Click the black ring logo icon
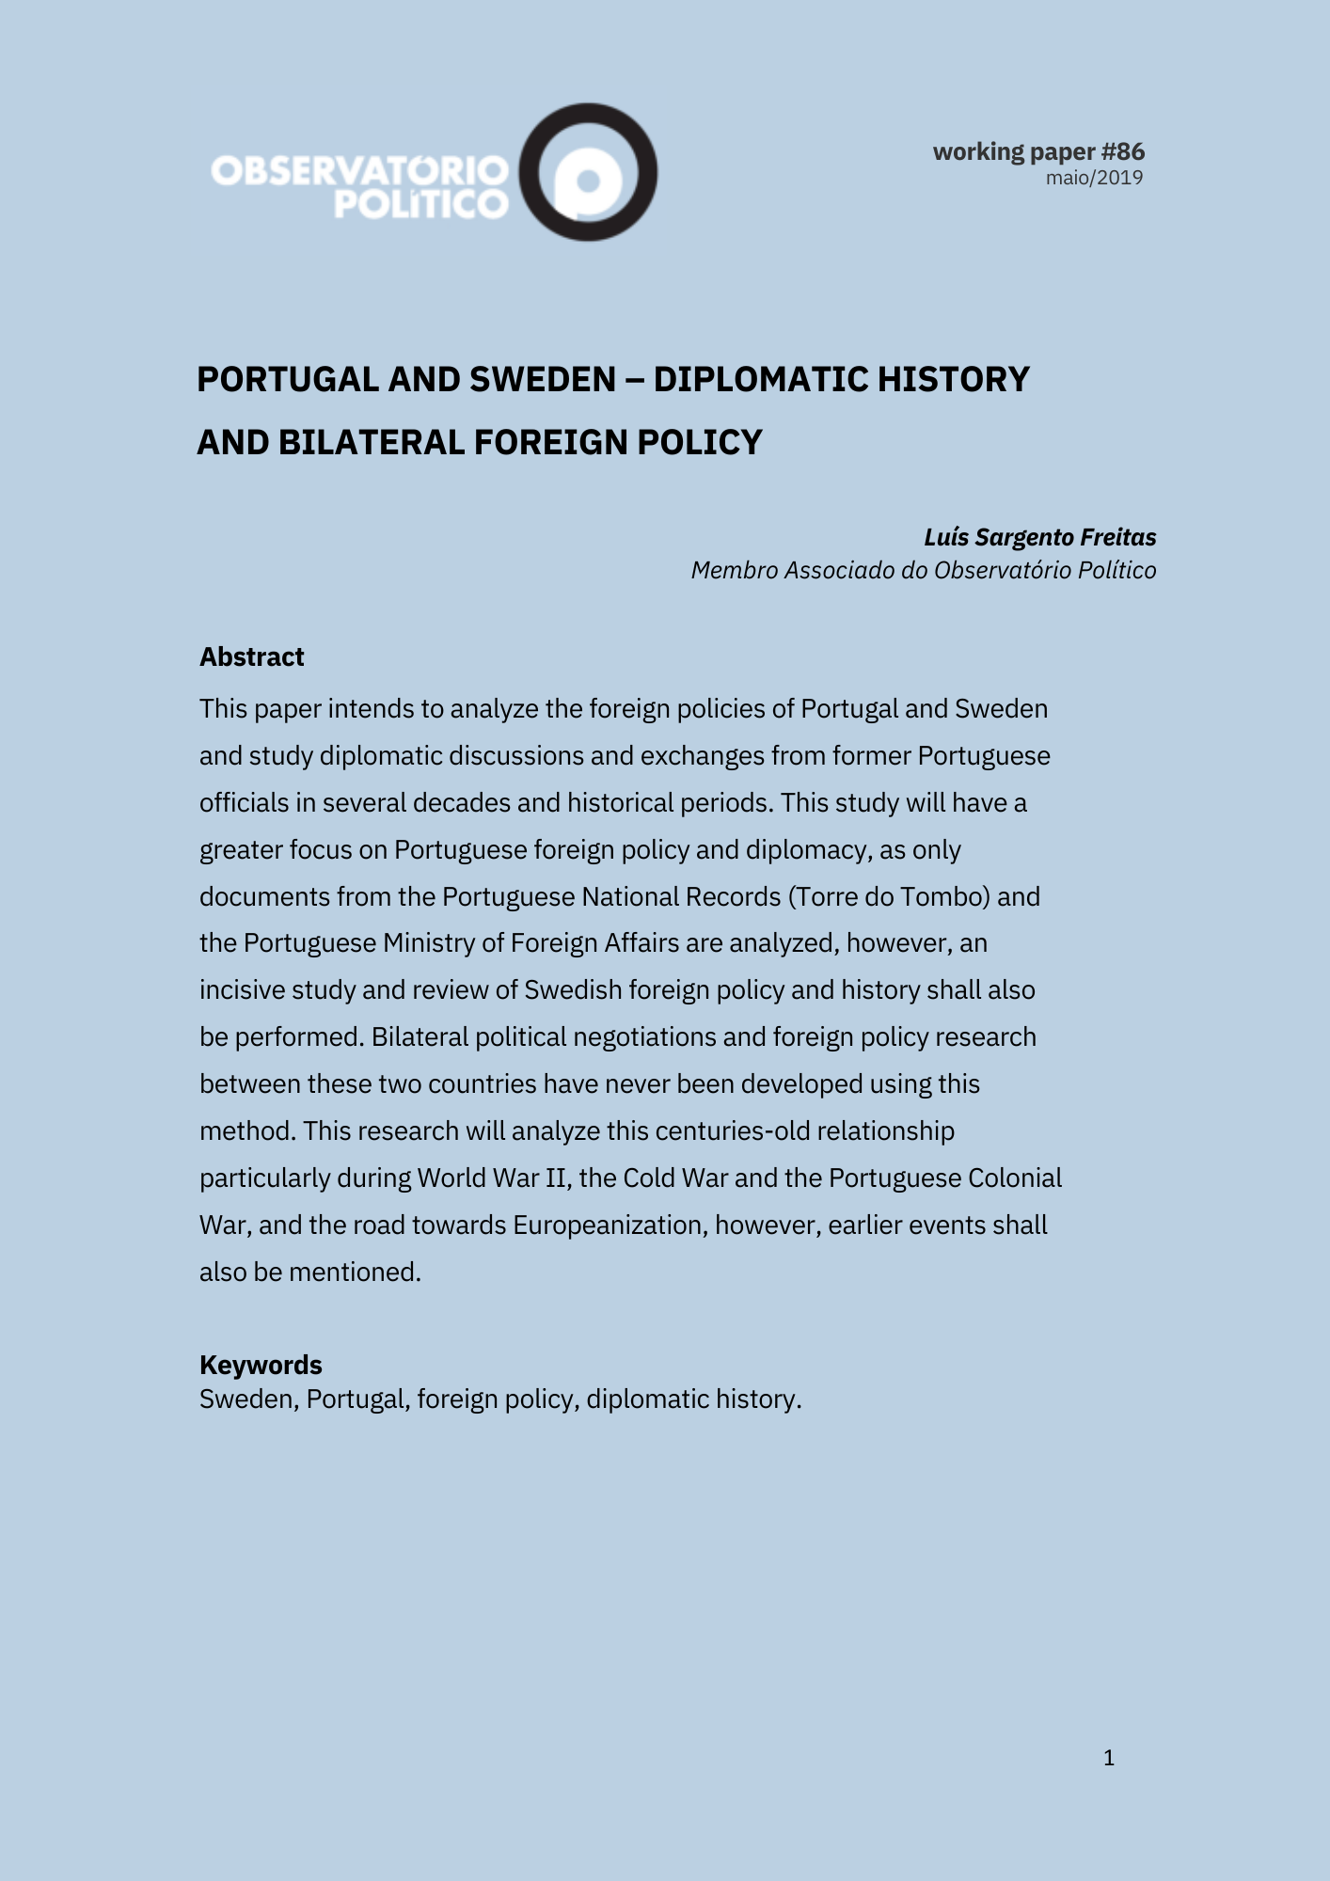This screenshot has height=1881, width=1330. point(589,172)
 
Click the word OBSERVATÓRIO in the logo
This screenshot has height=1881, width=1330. point(359,171)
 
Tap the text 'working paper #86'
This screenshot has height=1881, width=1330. point(1038,151)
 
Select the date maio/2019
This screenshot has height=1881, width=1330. point(1094,178)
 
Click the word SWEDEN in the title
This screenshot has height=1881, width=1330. point(543,379)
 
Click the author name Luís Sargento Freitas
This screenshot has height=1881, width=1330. point(1039,537)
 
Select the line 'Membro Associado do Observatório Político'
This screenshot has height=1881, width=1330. point(923,570)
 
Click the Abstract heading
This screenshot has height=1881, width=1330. point(251,656)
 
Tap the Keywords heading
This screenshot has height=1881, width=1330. point(261,1365)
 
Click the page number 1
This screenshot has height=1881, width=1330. point(1109,1758)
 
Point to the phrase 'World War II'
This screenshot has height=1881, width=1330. point(494,1178)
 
